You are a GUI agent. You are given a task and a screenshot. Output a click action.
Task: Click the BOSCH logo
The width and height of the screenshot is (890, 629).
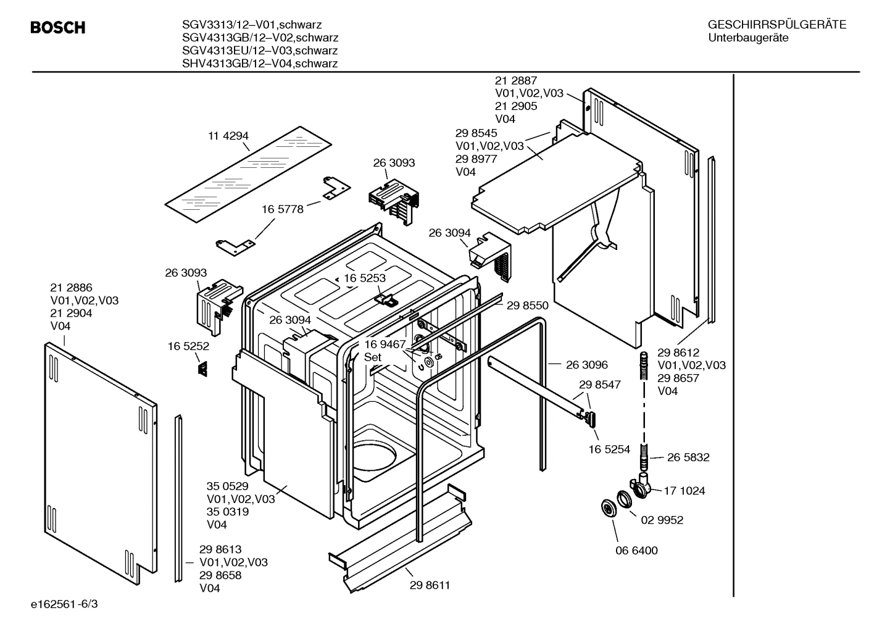tap(57, 28)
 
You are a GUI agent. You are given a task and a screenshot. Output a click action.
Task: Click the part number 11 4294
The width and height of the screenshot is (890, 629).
tap(228, 136)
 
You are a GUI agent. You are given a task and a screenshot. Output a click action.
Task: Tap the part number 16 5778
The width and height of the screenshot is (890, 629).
tap(283, 209)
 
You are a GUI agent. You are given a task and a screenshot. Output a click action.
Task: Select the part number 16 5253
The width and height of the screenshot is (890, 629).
tap(365, 278)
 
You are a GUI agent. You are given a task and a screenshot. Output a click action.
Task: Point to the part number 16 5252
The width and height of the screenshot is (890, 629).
tap(188, 346)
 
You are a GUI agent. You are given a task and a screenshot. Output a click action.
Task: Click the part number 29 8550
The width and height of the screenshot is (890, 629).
tap(527, 305)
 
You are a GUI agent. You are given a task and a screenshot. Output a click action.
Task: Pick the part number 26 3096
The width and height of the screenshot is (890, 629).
tap(586, 365)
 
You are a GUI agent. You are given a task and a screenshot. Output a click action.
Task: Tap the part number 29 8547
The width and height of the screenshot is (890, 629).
tap(600, 384)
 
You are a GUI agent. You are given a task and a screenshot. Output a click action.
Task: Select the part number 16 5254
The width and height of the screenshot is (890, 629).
tap(609, 449)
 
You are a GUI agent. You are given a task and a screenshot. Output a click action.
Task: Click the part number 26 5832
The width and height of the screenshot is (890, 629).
tap(688, 457)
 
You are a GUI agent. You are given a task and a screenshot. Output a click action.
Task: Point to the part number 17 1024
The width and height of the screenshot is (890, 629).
tap(684, 491)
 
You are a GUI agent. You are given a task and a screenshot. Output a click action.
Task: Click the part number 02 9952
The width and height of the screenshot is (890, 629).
tap(662, 520)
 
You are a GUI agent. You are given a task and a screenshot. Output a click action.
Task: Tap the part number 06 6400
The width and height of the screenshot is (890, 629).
tap(636, 550)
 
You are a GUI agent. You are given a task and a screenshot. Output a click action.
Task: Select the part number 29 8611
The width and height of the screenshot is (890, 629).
tap(430, 585)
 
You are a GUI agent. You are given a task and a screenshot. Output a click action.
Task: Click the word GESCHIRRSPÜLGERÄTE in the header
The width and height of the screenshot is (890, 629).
tap(776, 25)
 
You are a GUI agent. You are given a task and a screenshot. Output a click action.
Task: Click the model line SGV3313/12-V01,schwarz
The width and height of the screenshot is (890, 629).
tap(251, 25)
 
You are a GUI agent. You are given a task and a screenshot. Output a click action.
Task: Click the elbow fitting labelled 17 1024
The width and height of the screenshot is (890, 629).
tap(643, 488)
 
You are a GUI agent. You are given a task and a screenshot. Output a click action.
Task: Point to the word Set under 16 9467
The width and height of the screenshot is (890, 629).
tap(373, 357)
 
